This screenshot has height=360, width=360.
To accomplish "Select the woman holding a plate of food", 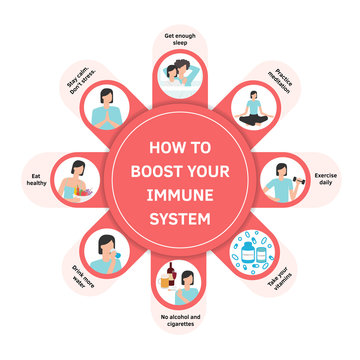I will pyautogui.click(x=80, y=181).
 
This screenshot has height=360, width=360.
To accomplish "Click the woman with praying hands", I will pyautogui.click(x=108, y=108).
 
